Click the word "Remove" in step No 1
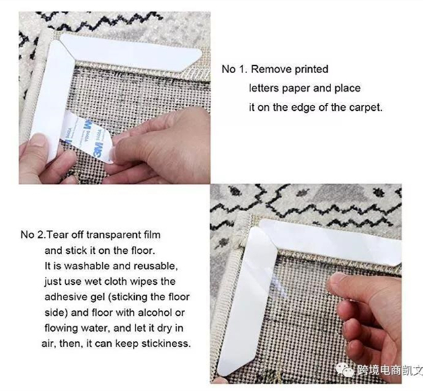(x=272, y=69)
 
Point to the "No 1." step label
(x=235, y=69)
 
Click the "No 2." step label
(x=34, y=235)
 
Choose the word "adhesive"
(x=66, y=297)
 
